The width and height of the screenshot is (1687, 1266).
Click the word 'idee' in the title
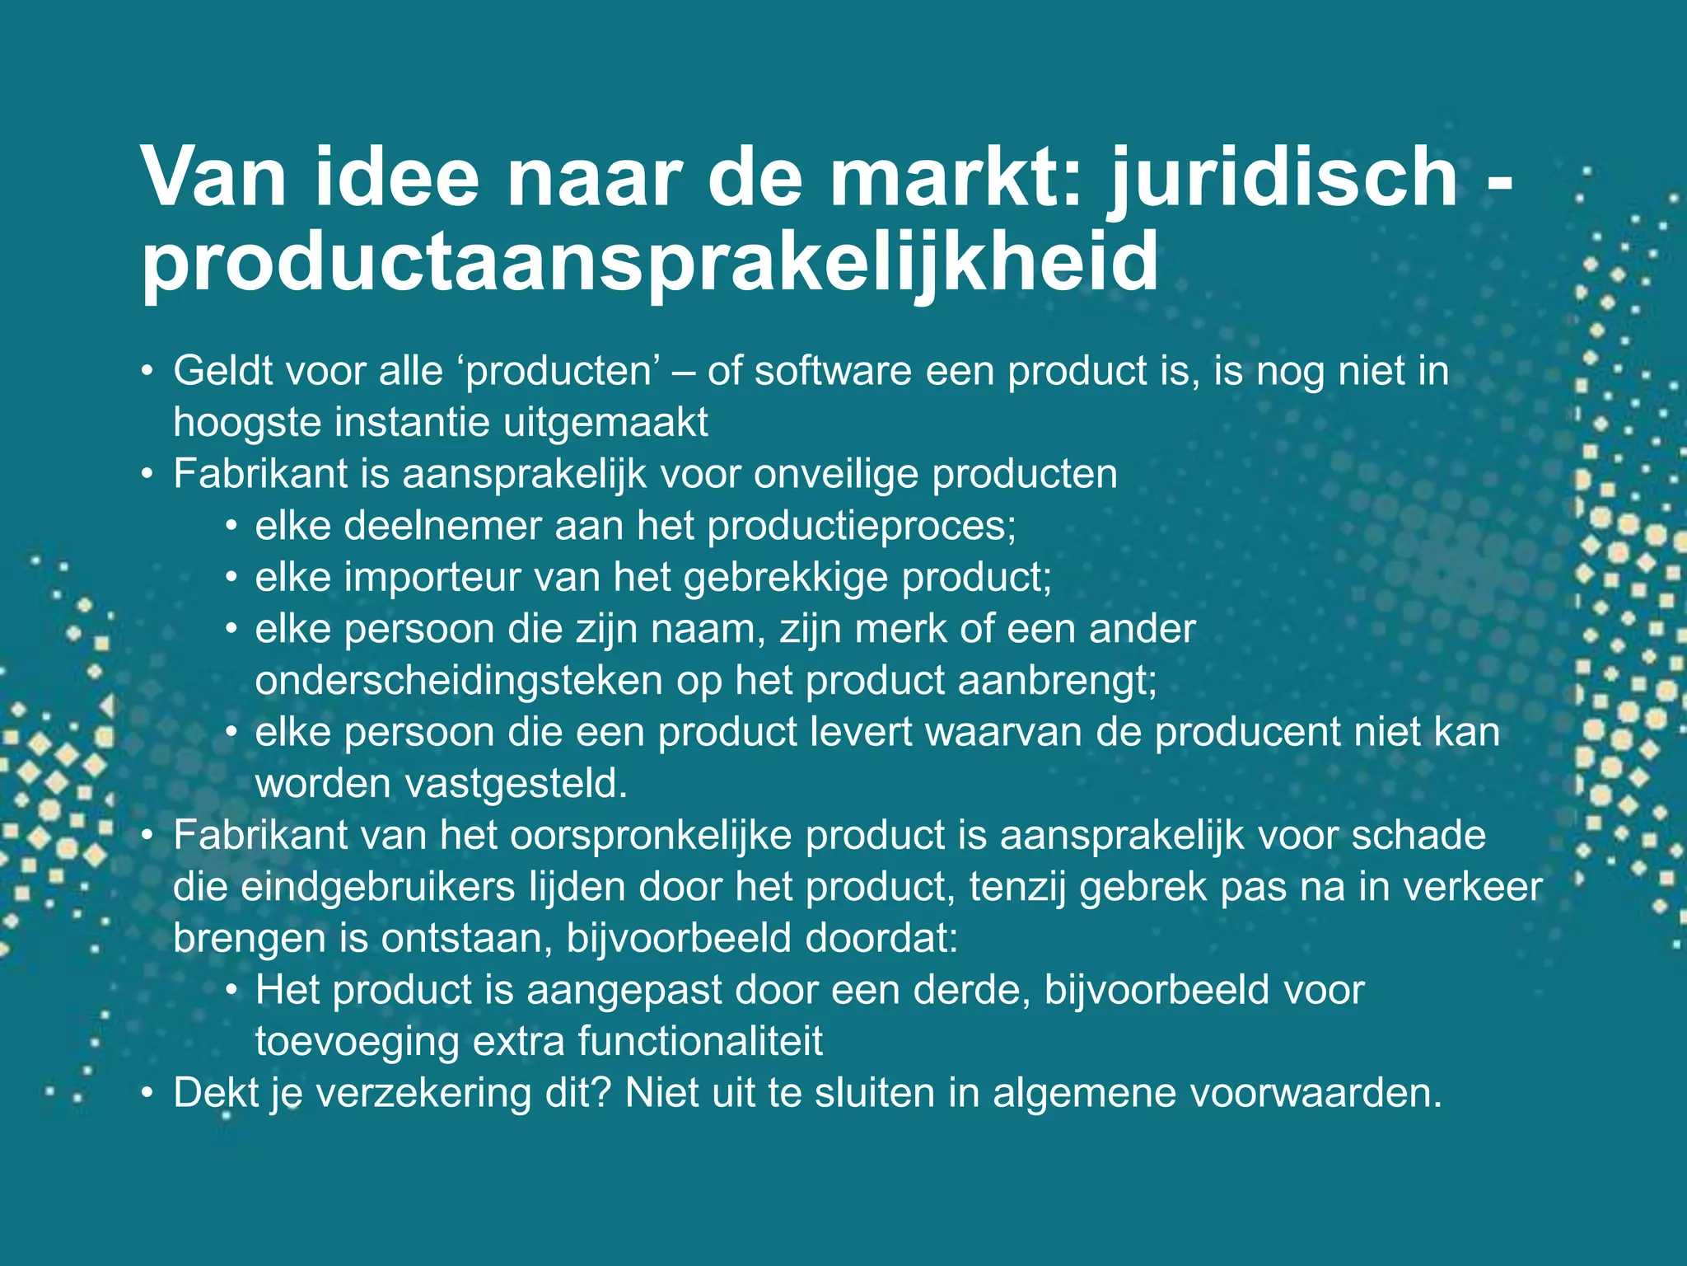(393, 178)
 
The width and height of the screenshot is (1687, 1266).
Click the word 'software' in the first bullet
(833, 371)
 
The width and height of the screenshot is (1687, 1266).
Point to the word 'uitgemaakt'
(605, 423)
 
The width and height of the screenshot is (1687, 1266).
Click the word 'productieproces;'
(862, 526)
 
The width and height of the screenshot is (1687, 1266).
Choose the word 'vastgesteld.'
(516, 784)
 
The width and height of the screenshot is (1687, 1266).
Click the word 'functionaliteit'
(700, 1042)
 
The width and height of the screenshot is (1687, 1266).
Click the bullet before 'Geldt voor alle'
(147, 371)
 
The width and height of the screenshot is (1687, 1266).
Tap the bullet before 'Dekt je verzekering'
(147, 1094)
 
